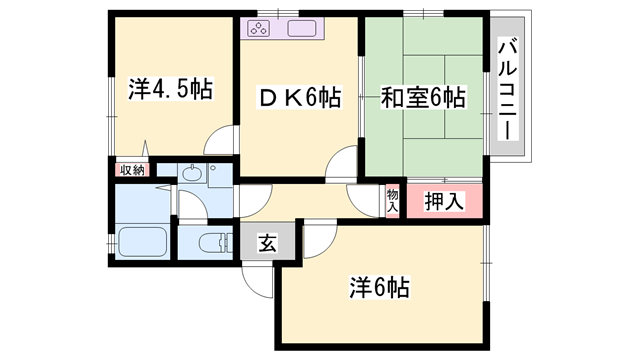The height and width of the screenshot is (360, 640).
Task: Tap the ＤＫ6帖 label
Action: tap(300, 97)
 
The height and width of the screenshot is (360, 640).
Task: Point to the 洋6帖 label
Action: tap(378, 288)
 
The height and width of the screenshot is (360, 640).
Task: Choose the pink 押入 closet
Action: tap(437, 201)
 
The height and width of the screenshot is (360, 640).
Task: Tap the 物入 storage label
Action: tap(392, 200)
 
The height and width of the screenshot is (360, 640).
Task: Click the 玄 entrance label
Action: tap(267, 243)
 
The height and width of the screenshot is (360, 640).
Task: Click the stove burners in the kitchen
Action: tap(258, 28)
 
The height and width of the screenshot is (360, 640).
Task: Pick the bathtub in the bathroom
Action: tap(141, 243)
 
